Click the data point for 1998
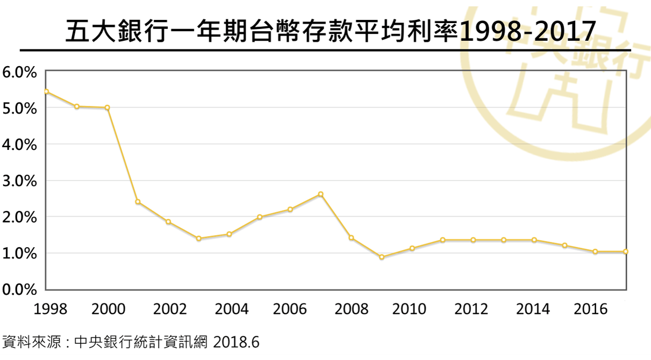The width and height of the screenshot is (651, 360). [x=46, y=92]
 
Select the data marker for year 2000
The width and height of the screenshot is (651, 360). [x=108, y=107]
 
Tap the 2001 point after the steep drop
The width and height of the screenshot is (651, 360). [x=138, y=202]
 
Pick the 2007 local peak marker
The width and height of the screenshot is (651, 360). [x=320, y=194]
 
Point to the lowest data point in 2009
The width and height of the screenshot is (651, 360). [x=382, y=257]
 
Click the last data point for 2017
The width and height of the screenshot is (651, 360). [x=626, y=251]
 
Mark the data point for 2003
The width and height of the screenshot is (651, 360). [x=198, y=239]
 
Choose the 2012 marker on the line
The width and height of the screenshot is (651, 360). [x=473, y=240]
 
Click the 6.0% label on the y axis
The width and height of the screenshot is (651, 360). [x=19, y=71]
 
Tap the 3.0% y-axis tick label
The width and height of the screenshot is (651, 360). [x=19, y=181]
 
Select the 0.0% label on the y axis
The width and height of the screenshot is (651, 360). [x=19, y=290]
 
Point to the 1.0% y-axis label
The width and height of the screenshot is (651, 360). [x=19, y=254]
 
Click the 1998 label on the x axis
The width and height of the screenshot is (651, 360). [x=50, y=309]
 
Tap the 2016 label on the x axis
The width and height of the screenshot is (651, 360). [x=590, y=309]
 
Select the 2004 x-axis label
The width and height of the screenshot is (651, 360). [x=231, y=309]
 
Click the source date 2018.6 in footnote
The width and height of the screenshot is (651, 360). [x=237, y=342]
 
